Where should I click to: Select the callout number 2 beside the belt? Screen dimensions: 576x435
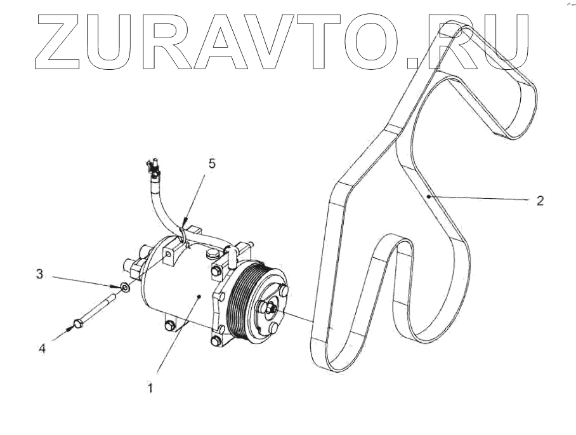point(539,201)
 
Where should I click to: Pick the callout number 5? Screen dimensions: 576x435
point(213,164)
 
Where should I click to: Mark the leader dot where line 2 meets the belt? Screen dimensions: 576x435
point(429,197)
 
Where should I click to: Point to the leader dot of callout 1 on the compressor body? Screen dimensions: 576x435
point(200,296)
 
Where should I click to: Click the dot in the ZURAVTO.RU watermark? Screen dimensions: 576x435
point(415,61)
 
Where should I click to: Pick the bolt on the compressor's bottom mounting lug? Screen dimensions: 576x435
point(168,326)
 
